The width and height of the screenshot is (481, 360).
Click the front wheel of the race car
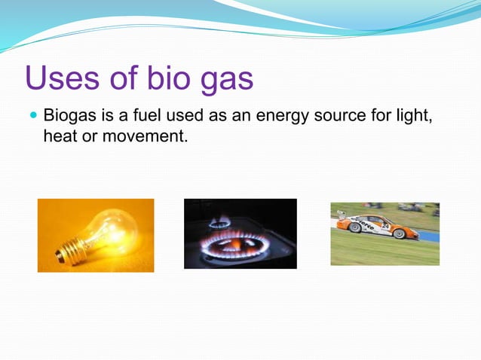tap(399, 234)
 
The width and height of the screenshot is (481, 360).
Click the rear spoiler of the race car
tap(341, 214)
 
